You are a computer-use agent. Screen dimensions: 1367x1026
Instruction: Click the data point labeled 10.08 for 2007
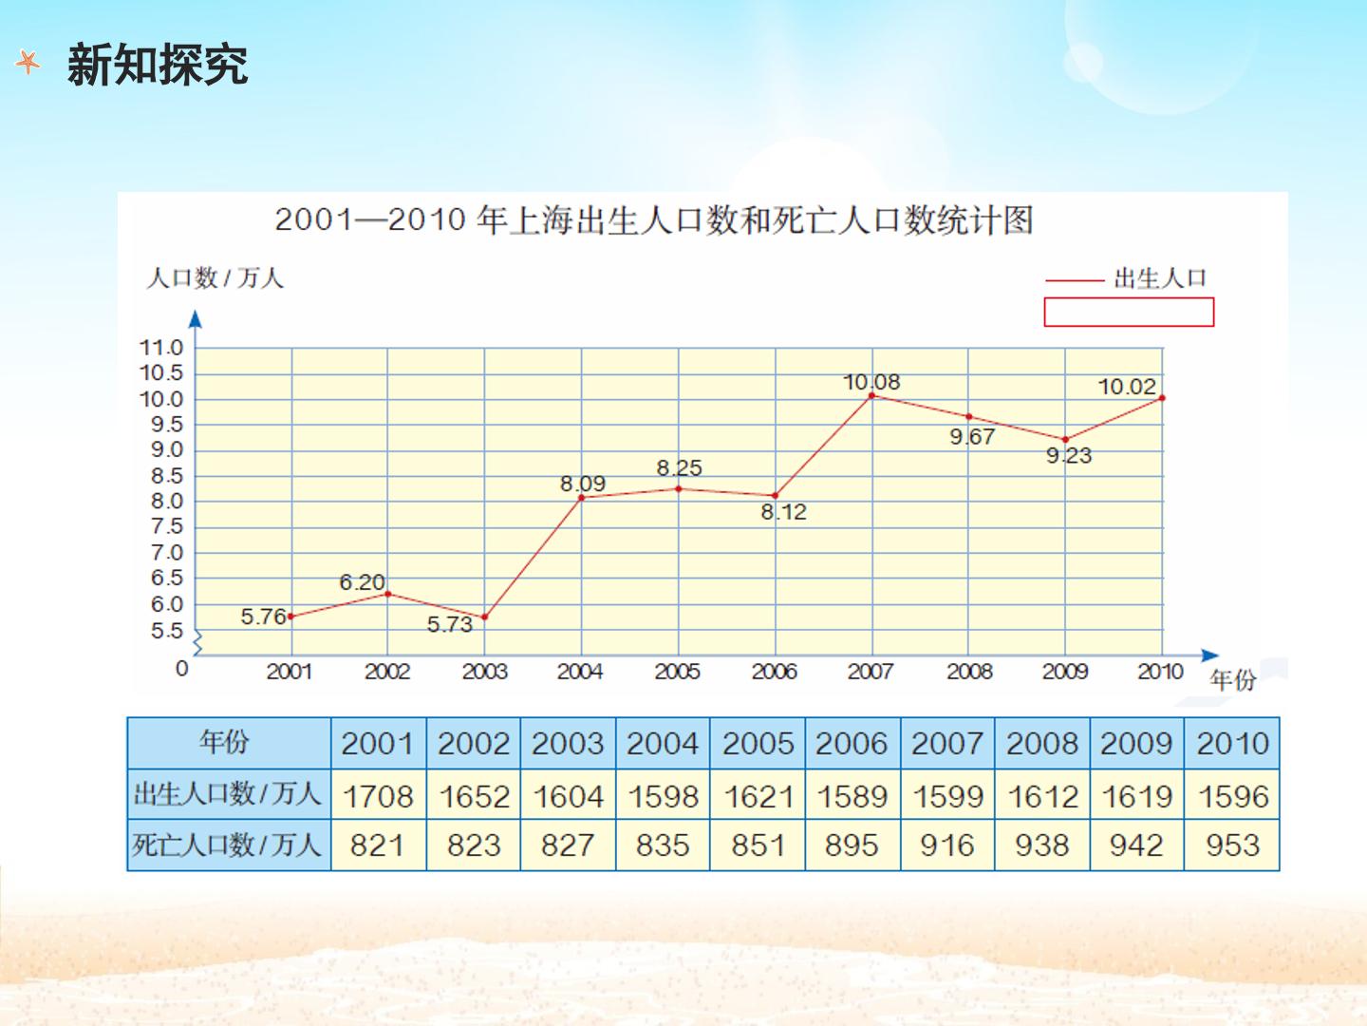click(x=871, y=395)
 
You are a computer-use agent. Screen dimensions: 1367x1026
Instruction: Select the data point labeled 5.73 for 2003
click(x=484, y=617)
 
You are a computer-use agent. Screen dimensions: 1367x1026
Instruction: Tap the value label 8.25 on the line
click(x=679, y=467)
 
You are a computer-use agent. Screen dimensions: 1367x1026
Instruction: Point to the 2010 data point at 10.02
click(x=1162, y=398)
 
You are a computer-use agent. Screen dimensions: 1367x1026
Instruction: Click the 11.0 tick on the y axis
click(x=161, y=348)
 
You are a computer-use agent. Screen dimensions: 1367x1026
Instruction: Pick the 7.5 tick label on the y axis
click(x=167, y=527)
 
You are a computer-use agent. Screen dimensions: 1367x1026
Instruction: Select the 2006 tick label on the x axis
click(x=774, y=672)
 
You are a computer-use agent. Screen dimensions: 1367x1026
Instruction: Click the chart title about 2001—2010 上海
click(x=654, y=220)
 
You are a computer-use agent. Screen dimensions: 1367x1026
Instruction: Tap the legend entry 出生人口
click(x=1160, y=278)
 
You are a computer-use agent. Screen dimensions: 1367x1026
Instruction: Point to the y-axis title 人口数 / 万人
click(x=215, y=277)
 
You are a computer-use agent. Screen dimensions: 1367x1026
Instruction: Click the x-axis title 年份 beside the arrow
click(x=1232, y=680)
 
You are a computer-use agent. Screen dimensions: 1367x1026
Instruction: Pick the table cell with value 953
click(x=1232, y=845)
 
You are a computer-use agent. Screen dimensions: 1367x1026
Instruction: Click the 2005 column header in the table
click(x=758, y=744)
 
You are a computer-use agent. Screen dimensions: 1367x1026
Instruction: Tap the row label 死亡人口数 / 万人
click(x=227, y=845)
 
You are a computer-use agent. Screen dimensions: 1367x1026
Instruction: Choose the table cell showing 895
click(x=852, y=845)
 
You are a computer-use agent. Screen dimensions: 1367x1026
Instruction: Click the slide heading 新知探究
click(x=158, y=65)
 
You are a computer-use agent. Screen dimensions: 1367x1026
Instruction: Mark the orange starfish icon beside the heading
click(x=28, y=63)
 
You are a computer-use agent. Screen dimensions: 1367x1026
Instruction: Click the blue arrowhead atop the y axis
click(x=196, y=319)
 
